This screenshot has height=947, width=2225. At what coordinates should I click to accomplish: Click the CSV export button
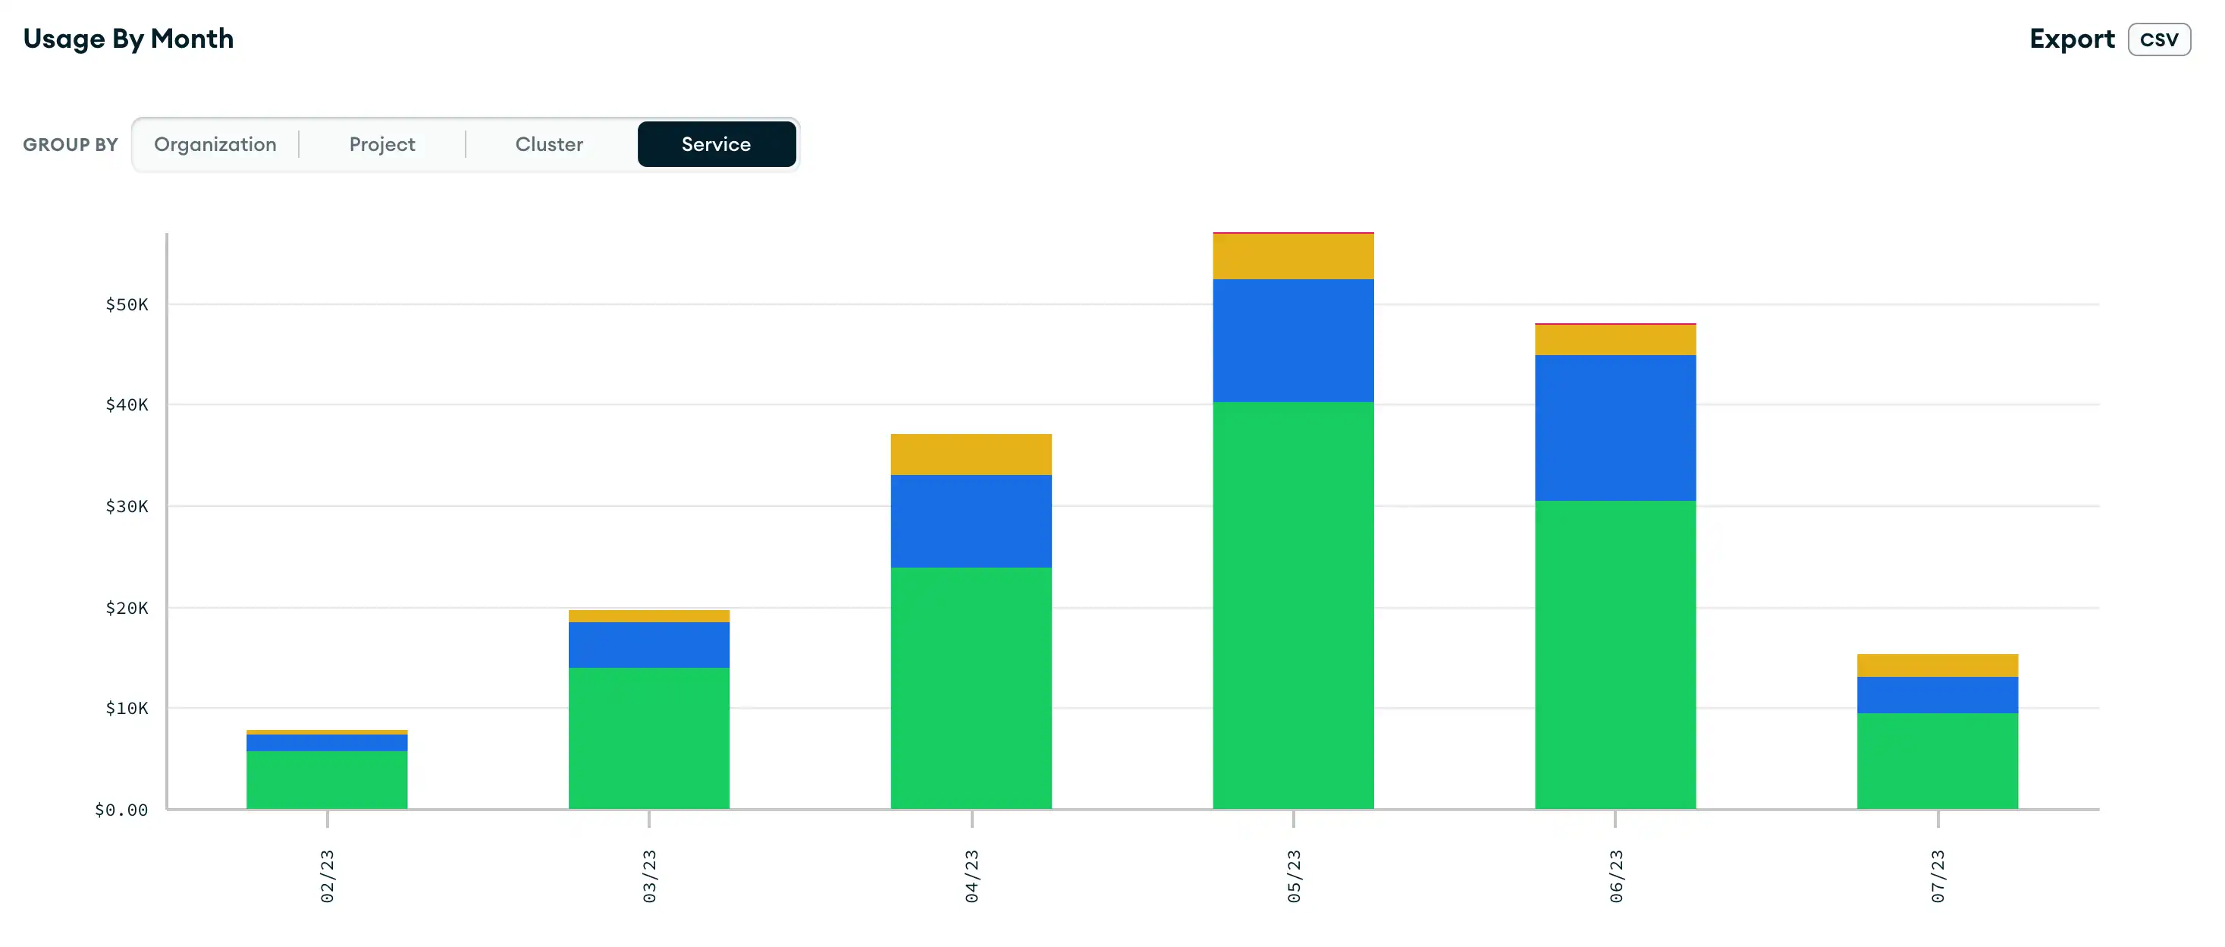(x=2158, y=39)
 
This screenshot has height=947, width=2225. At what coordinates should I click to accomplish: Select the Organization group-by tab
(x=215, y=144)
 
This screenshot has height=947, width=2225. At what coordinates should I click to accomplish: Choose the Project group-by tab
(x=381, y=144)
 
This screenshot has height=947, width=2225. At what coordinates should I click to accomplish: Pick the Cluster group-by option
(x=548, y=144)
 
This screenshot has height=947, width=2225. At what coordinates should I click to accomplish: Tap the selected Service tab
(x=716, y=144)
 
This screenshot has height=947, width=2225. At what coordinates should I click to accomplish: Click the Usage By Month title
(x=128, y=39)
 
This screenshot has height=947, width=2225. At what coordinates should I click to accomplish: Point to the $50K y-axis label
(x=127, y=304)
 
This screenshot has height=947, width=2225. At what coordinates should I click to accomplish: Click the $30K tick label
(x=127, y=506)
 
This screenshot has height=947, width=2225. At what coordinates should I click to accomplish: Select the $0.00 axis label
(x=121, y=810)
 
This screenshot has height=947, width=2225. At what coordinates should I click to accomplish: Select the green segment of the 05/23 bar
(x=1293, y=605)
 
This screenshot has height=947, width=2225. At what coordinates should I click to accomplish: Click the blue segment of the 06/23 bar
(x=1615, y=428)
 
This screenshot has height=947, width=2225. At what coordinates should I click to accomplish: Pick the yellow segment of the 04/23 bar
(x=971, y=455)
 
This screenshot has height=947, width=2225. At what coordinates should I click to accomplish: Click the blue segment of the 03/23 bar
(x=648, y=644)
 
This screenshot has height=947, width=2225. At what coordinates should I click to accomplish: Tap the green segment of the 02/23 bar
(x=327, y=779)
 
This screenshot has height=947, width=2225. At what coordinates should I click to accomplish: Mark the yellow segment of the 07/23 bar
(x=1938, y=665)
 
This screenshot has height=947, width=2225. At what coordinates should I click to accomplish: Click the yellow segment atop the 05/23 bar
(x=1293, y=256)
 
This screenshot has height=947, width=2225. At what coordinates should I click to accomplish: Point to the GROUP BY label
(x=70, y=144)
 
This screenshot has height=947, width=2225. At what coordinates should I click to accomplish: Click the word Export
(x=2071, y=39)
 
